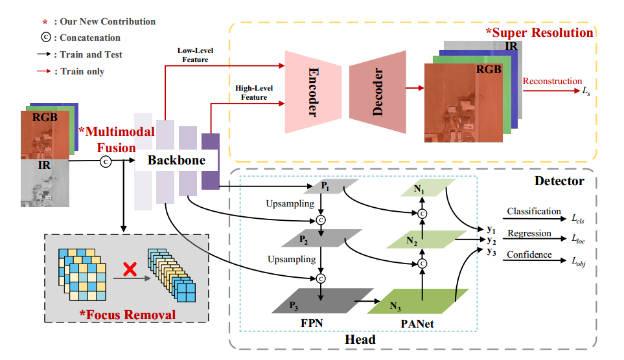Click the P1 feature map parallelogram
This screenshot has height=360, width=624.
pyautogui.click(x=325, y=185)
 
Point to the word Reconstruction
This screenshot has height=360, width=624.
pyautogui.click(x=552, y=81)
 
